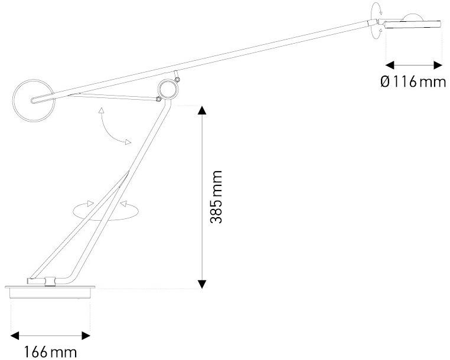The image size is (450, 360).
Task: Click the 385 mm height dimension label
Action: (x=216, y=197)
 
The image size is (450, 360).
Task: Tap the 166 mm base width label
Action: (x=50, y=352)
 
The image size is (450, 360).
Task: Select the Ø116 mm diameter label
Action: (x=413, y=82)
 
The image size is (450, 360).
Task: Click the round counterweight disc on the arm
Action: (x=34, y=100)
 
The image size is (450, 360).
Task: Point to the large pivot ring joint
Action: (x=169, y=89)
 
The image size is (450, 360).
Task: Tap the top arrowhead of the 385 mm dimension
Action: (x=203, y=110)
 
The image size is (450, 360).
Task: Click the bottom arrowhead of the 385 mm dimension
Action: (x=203, y=284)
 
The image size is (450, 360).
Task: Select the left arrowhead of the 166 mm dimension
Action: (x=15, y=336)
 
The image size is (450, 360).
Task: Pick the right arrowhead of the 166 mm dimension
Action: (x=86, y=336)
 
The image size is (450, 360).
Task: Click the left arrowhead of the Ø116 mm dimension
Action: (x=390, y=65)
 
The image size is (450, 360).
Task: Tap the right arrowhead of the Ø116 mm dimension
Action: (x=438, y=65)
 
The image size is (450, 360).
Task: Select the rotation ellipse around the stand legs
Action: (x=106, y=220)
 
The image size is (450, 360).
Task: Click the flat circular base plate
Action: (x=50, y=291)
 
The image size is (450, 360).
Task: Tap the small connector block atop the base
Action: (x=51, y=281)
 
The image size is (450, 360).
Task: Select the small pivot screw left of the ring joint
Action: (x=158, y=99)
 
